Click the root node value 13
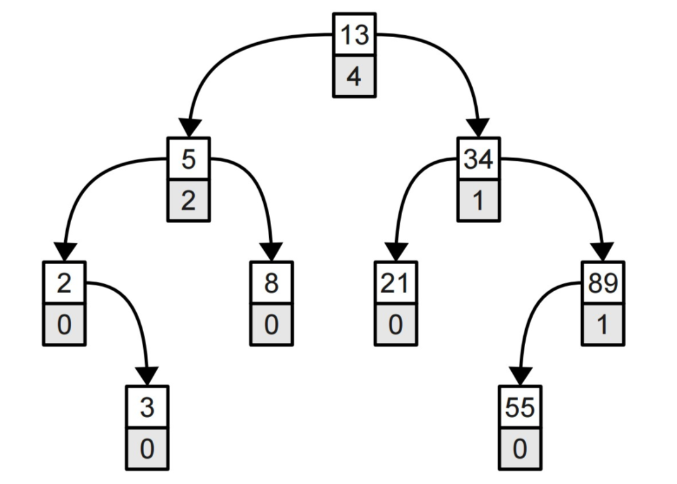coord(354,34)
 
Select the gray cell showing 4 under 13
coord(354,76)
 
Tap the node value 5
coord(188,159)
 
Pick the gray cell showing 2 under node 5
coord(188,200)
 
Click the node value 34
coord(479,159)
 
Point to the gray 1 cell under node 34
coord(479,200)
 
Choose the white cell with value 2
coord(64,283)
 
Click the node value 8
coord(271,283)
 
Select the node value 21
coord(396,283)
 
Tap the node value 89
coord(603,283)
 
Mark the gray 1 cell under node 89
coord(603,325)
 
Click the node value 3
coord(147,407)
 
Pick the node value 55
coord(520,407)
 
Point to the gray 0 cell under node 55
coord(520,449)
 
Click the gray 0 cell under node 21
coord(396,325)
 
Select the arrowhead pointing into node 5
coord(188,128)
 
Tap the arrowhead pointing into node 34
coord(479,128)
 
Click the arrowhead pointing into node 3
coord(147,376)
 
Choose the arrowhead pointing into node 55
coord(520,376)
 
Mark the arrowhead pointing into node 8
coord(271,252)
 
